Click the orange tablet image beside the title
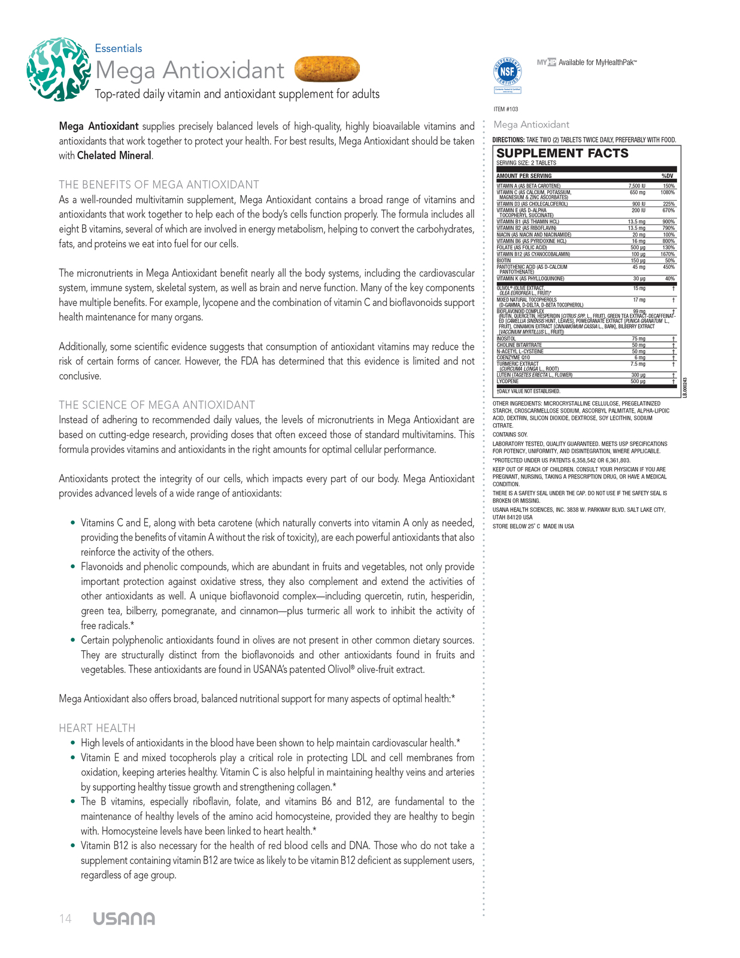click(x=327, y=69)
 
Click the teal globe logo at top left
click(x=58, y=69)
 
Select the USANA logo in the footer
click(x=124, y=919)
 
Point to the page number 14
click(x=65, y=919)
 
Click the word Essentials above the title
click(x=119, y=48)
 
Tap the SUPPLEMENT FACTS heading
click(x=562, y=153)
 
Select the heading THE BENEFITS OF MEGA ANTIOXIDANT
click(x=159, y=184)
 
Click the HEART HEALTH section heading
click(x=97, y=728)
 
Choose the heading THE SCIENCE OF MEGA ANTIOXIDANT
click(x=157, y=405)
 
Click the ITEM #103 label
click(x=506, y=109)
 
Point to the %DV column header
click(x=666, y=176)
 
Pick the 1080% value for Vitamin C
click(x=668, y=193)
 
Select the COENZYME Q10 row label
click(x=513, y=357)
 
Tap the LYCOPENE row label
click(x=508, y=381)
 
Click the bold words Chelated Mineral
click(x=114, y=156)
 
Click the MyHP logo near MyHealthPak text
click(x=546, y=62)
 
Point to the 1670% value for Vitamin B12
click(x=668, y=254)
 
